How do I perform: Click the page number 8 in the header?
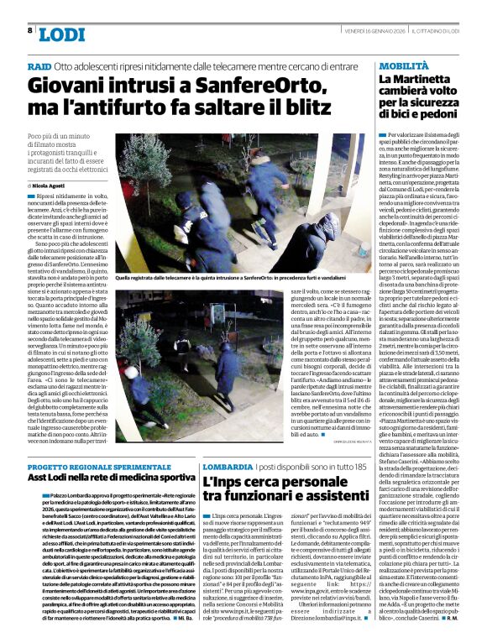pos(30,30)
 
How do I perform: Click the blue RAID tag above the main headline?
pos(39,65)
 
